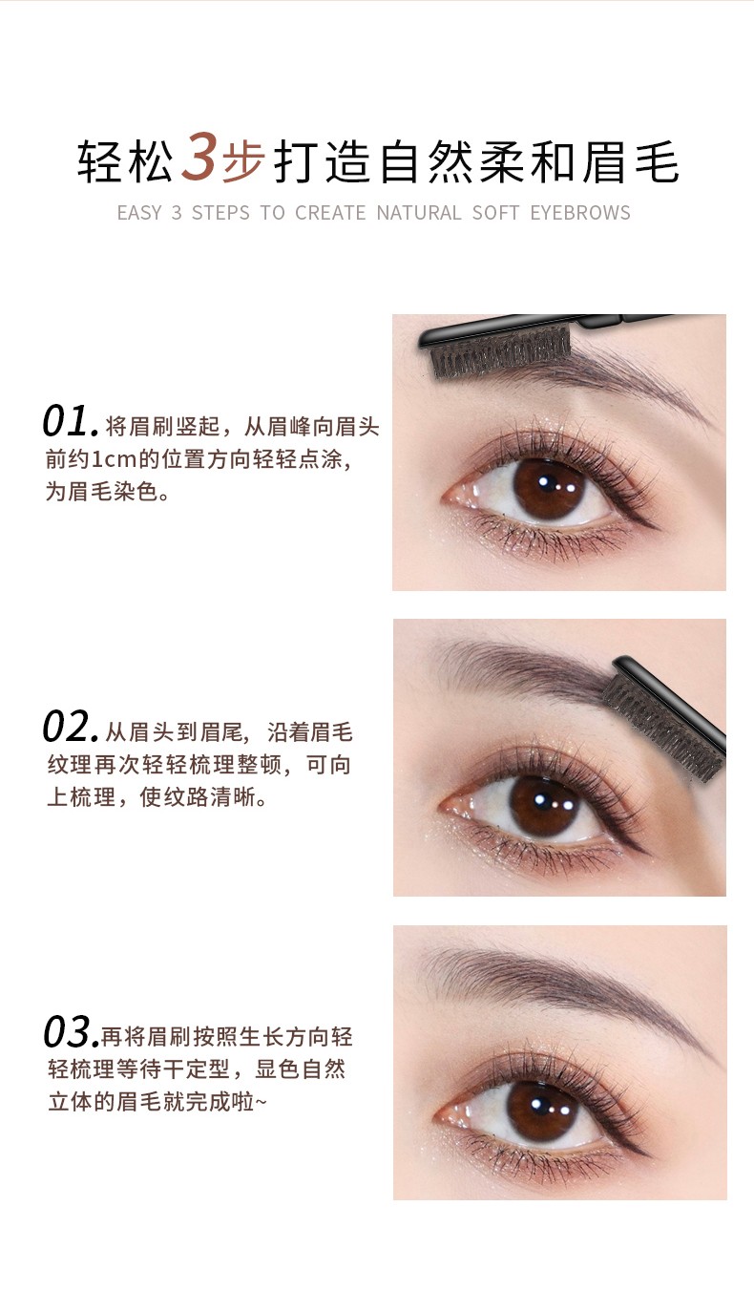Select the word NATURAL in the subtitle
[419, 213]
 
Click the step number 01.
[70, 421]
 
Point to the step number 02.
[70, 727]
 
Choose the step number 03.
[71, 1032]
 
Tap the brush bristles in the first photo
[500, 354]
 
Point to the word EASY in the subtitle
[139, 213]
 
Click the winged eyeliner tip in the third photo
[649, 1155]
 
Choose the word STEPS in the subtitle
[220, 213]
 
